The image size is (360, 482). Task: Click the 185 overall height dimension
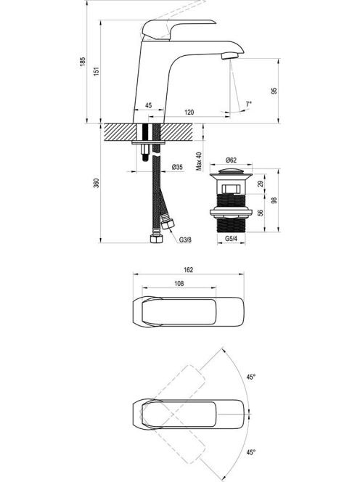tap(83, 62)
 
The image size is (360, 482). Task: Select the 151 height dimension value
tap(97, 71)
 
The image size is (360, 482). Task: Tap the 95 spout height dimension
tap(274, 91)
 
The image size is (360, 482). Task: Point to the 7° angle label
tap(248, 104)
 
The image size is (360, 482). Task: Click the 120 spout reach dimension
tap(189, 113)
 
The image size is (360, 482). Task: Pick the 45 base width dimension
tap(149, 105)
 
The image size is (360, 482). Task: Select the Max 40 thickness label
tap(199, 161)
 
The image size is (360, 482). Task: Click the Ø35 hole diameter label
tap(177, 167)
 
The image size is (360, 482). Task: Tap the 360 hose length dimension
tap(97, 183)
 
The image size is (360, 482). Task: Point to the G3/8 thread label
tap(185, 240)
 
